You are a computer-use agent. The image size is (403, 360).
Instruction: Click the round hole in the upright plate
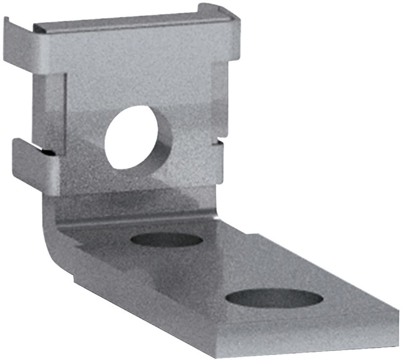131,137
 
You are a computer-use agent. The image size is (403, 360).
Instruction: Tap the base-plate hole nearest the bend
167,240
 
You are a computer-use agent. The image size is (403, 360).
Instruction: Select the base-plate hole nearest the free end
274,298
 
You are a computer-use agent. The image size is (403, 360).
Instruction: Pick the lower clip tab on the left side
34,166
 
